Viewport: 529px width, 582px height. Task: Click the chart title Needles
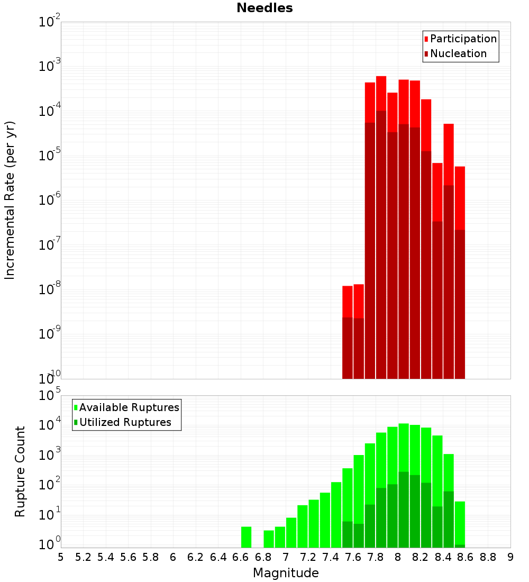(264, 8)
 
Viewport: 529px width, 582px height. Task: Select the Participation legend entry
(463, 39)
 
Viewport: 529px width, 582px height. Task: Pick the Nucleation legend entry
(458, 53)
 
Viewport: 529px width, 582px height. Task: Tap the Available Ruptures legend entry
(129, 407)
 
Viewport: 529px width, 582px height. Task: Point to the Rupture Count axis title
(20, 471)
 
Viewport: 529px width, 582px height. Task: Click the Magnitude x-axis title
(286, 573)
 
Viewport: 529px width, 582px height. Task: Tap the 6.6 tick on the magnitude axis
(241, 557)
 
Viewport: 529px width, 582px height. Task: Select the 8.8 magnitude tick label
(488, 557)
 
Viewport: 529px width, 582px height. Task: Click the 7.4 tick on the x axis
(331, 557)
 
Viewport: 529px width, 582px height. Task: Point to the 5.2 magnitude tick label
(84, 557)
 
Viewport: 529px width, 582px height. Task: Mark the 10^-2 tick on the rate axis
(50, 22)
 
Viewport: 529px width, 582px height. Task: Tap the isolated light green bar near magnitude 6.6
(246, 536)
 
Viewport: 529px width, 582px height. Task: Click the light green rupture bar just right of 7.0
(291, 532)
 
